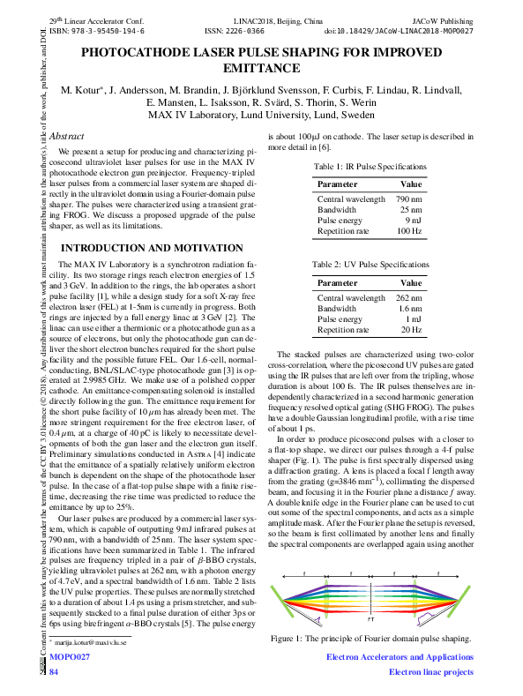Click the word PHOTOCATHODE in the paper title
[x=133, y=53]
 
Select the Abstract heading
[x=67, y=137]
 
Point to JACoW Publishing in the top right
[x=443, y=19]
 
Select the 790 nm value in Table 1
[x=408, y=200]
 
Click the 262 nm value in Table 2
[x=408, y=298]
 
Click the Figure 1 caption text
[x=370, y=637]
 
